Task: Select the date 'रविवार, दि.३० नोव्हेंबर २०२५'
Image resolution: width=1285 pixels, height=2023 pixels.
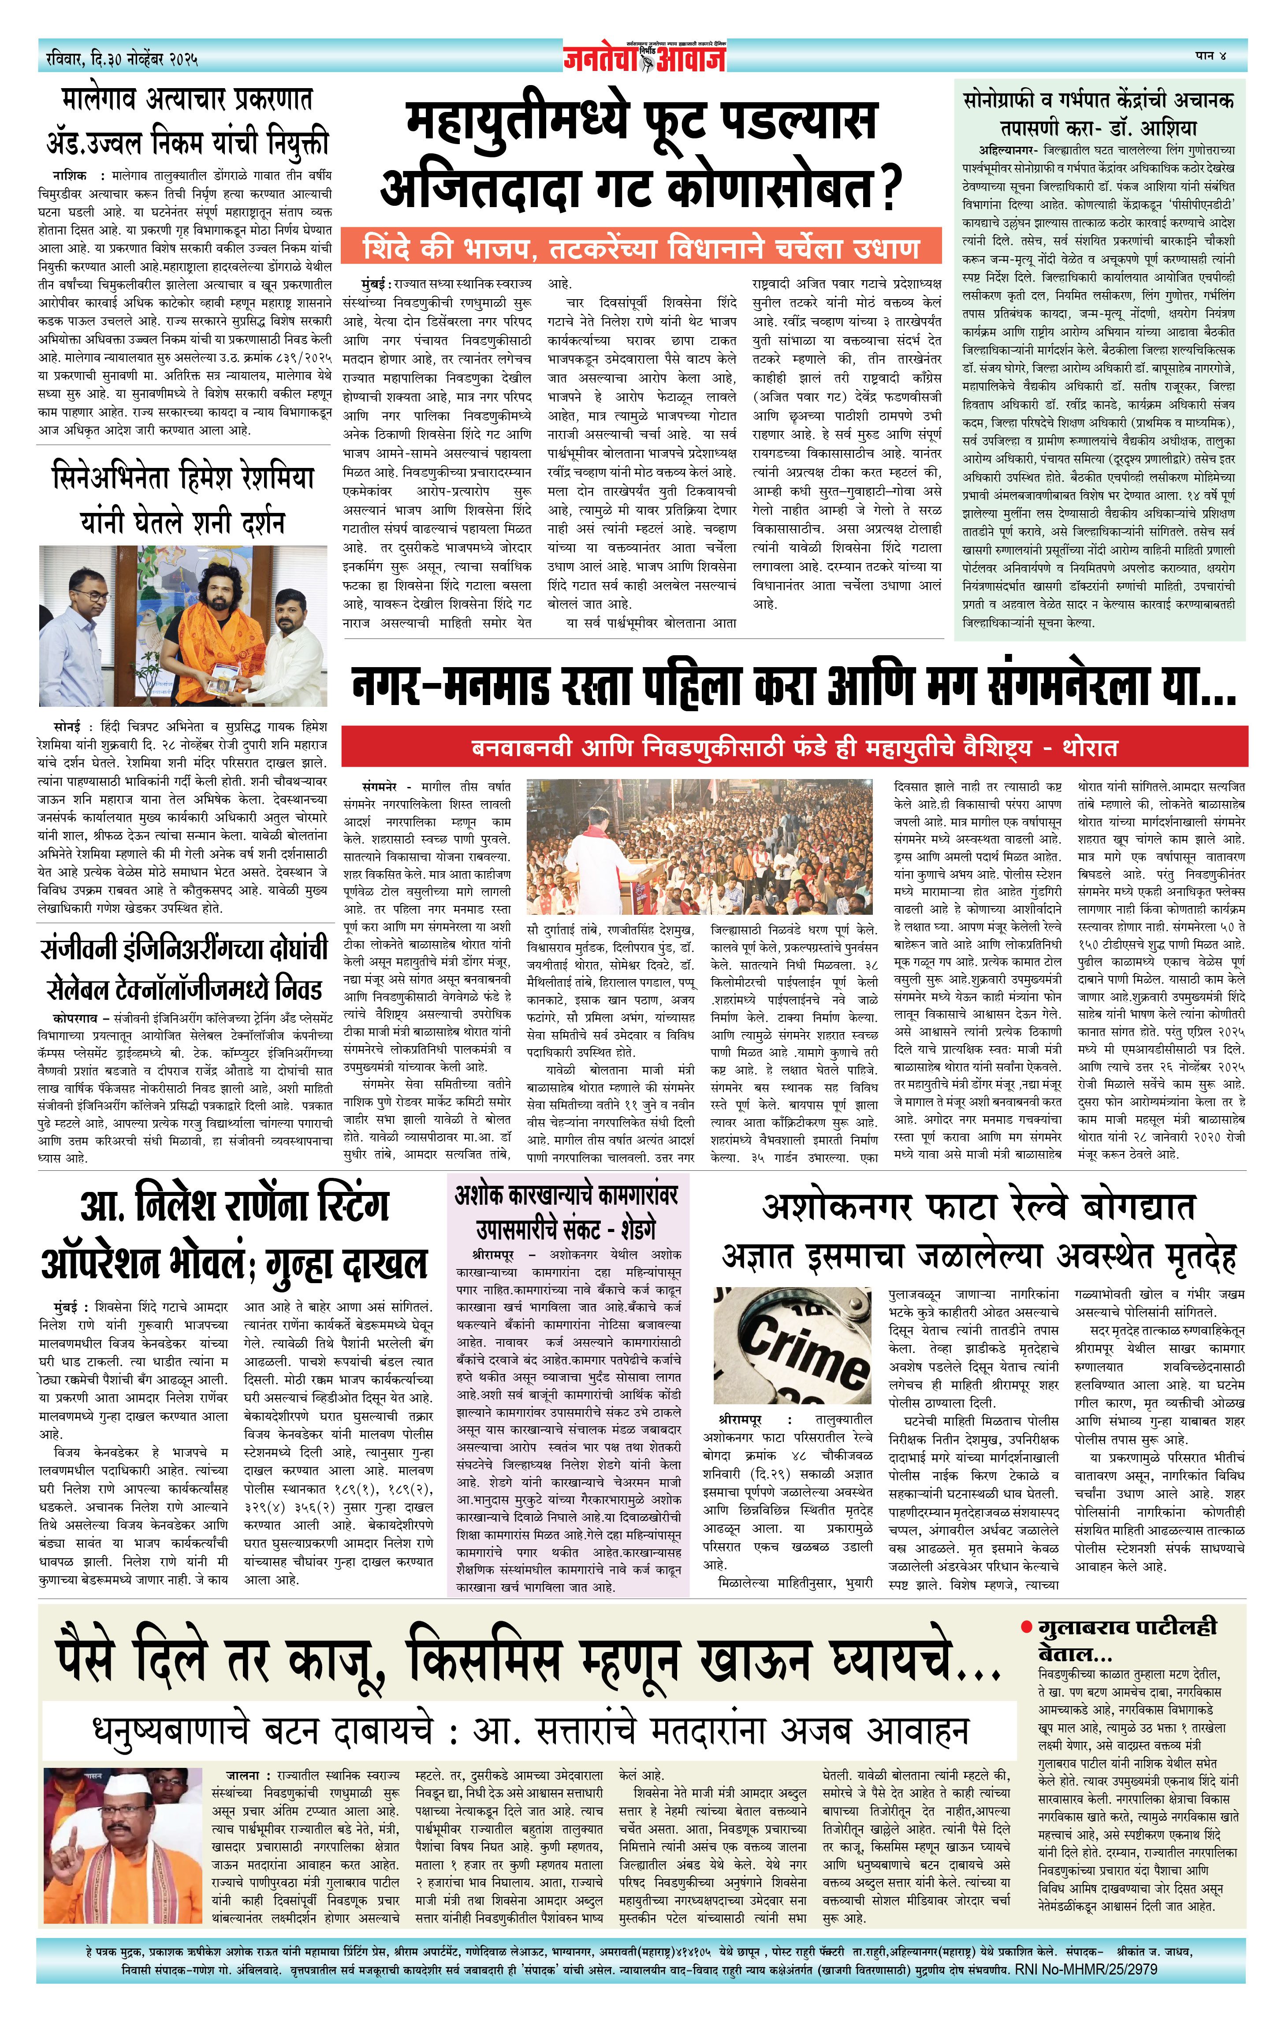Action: pos(123,59)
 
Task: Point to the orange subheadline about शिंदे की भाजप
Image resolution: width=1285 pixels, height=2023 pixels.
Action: pos(642,249)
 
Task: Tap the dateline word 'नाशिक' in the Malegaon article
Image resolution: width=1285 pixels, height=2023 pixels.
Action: pos(68,175)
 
